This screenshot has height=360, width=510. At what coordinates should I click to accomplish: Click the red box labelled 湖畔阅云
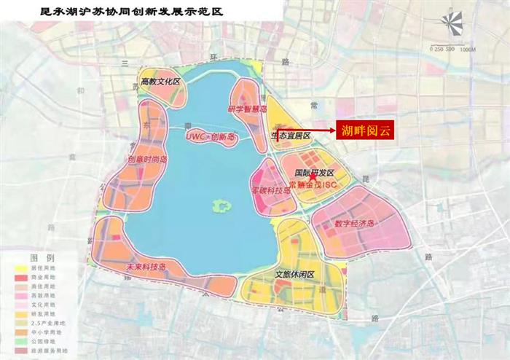click(x=364, y=130)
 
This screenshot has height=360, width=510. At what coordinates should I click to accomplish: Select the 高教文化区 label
click(x=160, y=82)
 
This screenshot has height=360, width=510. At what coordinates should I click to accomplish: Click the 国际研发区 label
click(x=314, y=172)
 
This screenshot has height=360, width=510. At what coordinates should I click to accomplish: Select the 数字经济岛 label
click(x=354, y=224)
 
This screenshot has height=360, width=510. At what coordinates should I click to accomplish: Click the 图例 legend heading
click(x=42, y=258)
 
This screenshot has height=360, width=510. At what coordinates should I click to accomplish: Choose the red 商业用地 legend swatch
click(x=20, y=277)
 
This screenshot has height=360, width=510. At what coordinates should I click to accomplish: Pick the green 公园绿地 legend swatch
click(x=20, y=340)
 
